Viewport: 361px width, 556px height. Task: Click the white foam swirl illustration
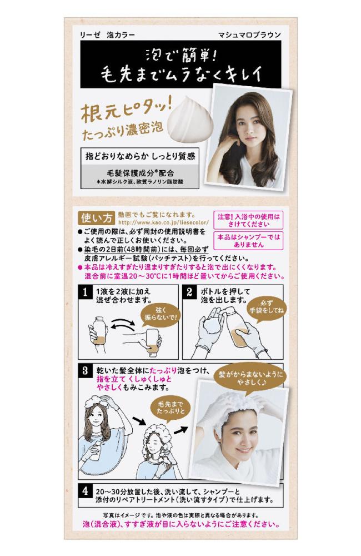(x=190, y=120)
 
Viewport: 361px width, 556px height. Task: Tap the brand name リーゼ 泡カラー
(x=107, y=34)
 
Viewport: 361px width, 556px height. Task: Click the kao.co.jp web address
(x=163, y=223)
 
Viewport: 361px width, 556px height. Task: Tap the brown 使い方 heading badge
(x=97, y=218)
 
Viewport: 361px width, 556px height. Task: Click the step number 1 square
(x=85, y=292)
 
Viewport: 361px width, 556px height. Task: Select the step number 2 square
(x=189, y=292)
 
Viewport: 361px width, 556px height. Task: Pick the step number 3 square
(x=85, y=371)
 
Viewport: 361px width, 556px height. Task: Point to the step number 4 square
(x=85, y=491)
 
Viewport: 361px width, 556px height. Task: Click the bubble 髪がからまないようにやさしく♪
(x=251, y=378)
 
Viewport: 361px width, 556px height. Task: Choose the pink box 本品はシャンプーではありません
(x=249, y=241)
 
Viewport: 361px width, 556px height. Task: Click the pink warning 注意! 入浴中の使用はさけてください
(x=249, y=220)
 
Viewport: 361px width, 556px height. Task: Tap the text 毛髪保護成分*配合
(x=141, y=173)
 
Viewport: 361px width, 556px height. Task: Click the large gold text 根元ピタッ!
(x=126, y=110)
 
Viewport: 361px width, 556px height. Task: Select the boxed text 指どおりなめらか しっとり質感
(x=140, y=156)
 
